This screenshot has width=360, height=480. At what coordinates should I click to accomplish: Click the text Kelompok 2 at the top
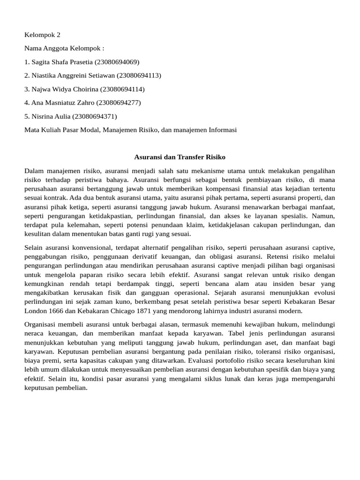[42, 35]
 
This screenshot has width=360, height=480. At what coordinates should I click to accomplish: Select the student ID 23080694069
[117, 62]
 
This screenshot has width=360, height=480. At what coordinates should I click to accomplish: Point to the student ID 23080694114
[122, 89]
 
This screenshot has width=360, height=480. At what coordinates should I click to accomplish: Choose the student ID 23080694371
[95, 116]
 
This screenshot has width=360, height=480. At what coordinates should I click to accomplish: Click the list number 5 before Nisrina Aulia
[26, 116]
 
